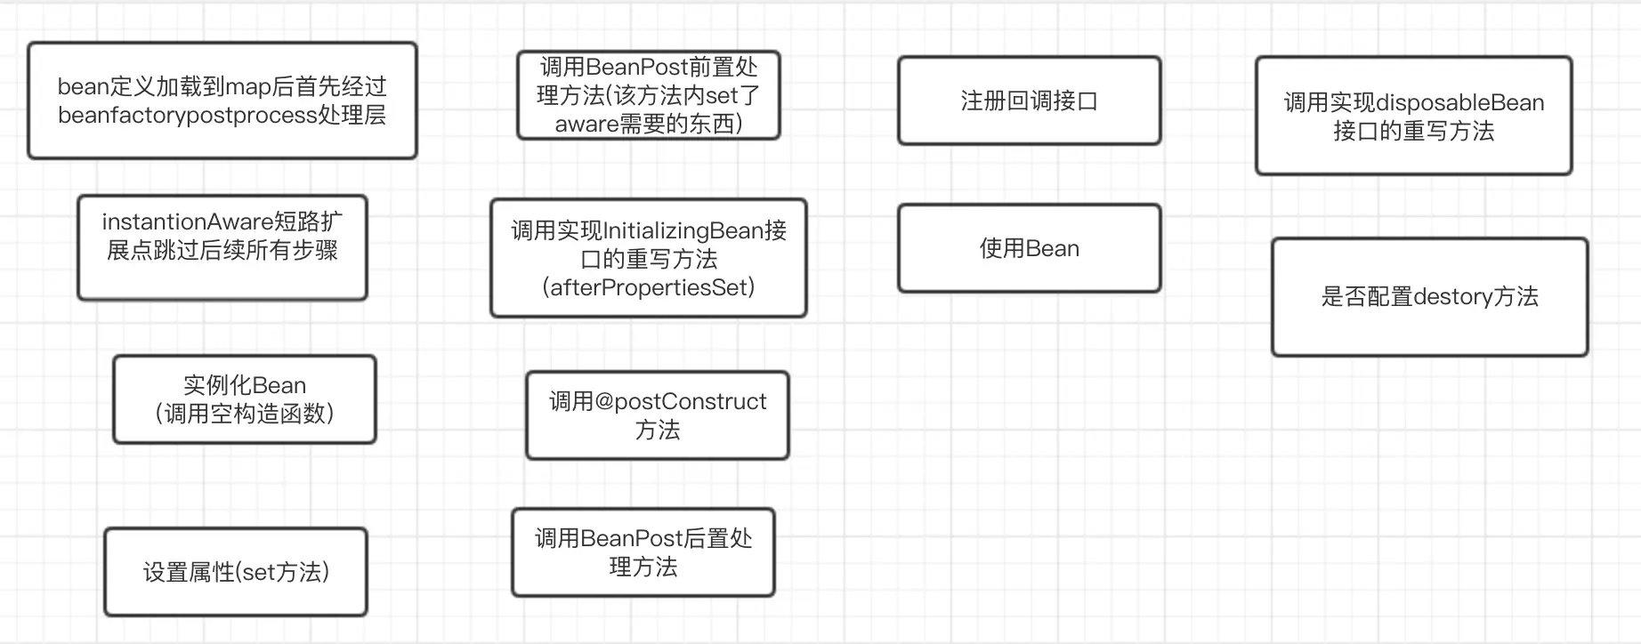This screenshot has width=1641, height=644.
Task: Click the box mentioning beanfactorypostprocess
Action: pyautogui.click(x=222, y=101)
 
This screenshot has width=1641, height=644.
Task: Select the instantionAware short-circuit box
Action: pyautogui.click(x=222, y=247)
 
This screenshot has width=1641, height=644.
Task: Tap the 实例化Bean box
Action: pyautogui.click(x=245, y=399)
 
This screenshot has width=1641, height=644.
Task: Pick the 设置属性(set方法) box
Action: pyautogui.click(x=236, y=572)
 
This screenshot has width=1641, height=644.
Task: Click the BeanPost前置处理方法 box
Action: pyautogui.click(x=649, y=95)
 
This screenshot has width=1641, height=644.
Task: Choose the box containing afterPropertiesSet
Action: pyautogui.click(x=649, y=258)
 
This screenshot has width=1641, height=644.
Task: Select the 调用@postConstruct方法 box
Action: pyautogui.click(x=658, y=415)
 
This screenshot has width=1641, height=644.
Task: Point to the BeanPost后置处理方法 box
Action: pyautogui.click(x=643, y=552)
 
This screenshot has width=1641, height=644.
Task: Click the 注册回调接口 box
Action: pyautogui.click(x=1030, y=101)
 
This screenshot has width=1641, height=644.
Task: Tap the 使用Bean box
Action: pyautogui.click(x=1030, y=248)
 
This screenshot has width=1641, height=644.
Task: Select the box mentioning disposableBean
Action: pyautogui.click(x=1414, y=116)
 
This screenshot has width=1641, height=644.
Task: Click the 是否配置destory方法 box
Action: pyautogui.click(x=1430, y=297)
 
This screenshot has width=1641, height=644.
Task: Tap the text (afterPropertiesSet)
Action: pyautogui.click(x=649, y=287)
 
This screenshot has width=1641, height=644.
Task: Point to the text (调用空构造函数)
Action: pyautogui.click(x=245, y=414)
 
